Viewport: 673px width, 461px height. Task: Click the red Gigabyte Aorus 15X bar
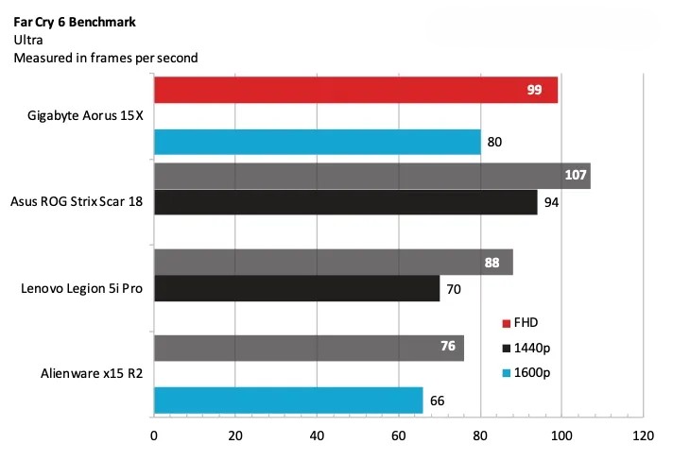pyautogui.click(x=355, y=90)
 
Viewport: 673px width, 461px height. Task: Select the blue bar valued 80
pyautogui.click(x=317, y=143)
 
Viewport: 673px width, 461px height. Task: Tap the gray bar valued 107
pyautogui.click(x=371, y=176)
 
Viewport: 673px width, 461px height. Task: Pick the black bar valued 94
pyautogui.click(x=345, y=202)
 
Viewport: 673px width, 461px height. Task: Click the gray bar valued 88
pyautogui.click(x=333, y=263)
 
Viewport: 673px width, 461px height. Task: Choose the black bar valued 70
pyautogui.click(x=296, y=288)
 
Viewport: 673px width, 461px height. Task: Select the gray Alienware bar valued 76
pyautogui.click(x=308, y=347)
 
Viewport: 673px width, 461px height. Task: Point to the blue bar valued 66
pyautogui.click(x=287, y=400)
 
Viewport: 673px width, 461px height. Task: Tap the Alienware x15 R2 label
pyautogui.click(x=88, y=373)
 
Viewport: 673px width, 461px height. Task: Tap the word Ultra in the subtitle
pyautogui.click(x=28, y=40)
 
